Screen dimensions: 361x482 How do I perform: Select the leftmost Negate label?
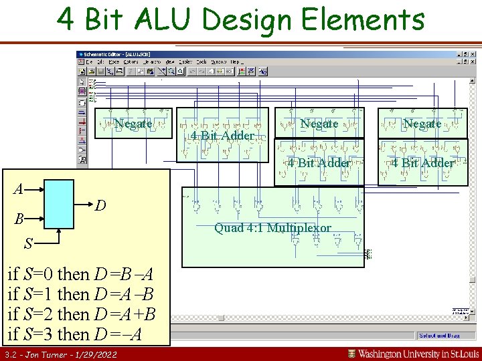[x=133, y=124]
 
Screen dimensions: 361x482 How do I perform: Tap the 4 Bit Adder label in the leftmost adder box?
[x=222, y=136]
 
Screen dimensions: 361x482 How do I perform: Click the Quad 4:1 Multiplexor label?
[x=272, y=228]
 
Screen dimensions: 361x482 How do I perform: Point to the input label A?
[x=19, y=189]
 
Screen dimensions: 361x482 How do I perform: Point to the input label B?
[x=20, y=219]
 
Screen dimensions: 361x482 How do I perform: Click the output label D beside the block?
[x=98, y=205]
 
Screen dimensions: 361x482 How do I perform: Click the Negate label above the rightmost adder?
[x=422, y=124]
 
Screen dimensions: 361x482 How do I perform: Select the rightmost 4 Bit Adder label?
[x=422, y=163]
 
